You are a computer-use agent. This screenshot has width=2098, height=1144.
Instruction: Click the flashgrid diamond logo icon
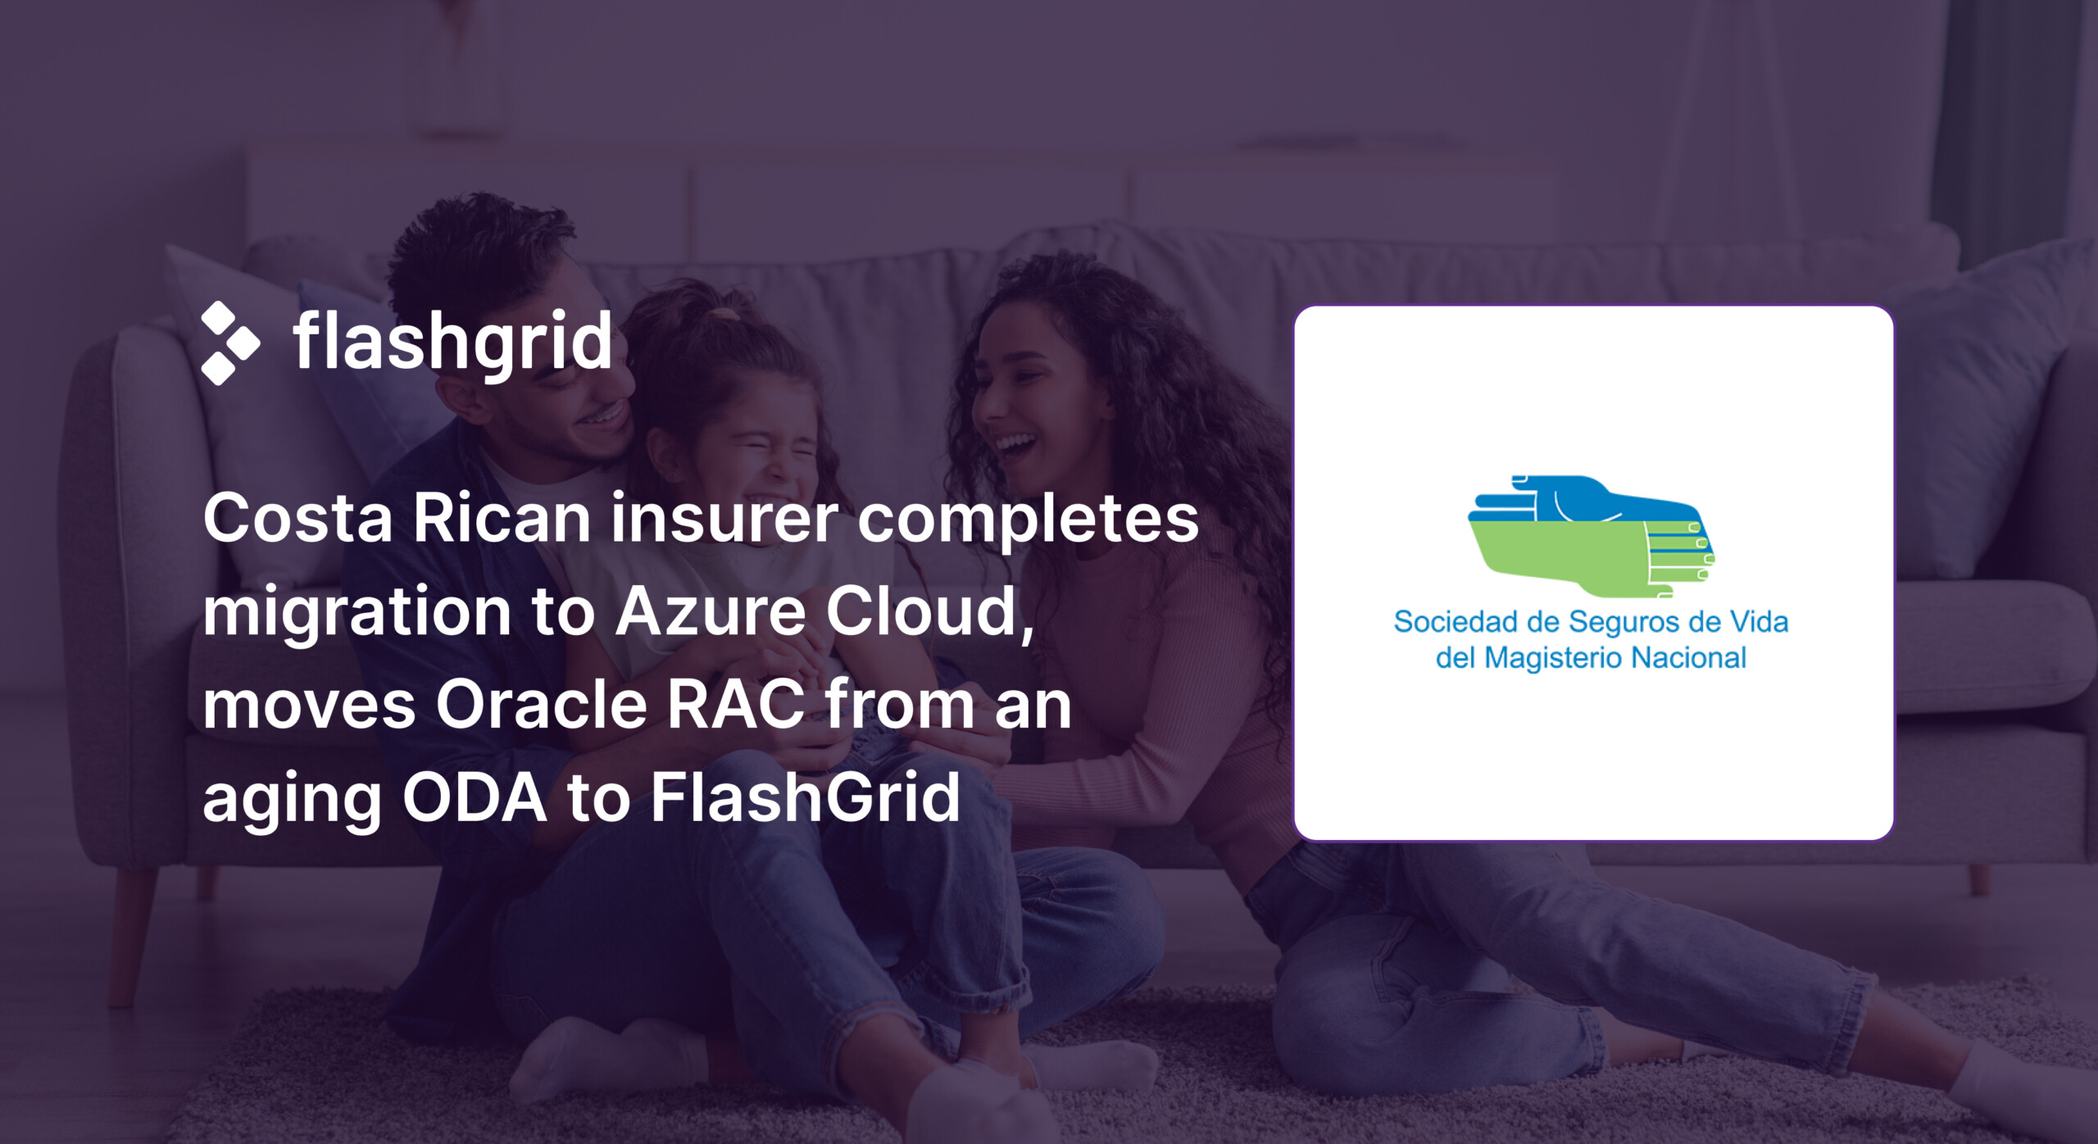[230, 343]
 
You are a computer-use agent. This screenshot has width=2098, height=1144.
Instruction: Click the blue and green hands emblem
[1592, 536]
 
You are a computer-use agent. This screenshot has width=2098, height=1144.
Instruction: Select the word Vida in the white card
[1759, 622]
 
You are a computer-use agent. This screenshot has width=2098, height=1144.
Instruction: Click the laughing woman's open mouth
[1013, 447]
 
